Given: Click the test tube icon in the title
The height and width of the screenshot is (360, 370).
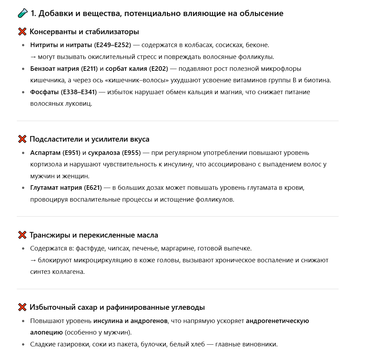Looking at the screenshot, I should tap(22, 14).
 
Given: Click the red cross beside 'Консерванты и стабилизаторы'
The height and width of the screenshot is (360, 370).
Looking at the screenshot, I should tap(22, 32).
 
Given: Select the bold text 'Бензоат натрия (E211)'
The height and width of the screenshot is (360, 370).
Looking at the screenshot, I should tap(64, 69).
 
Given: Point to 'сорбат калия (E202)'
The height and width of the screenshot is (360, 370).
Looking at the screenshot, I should tap(136, 69).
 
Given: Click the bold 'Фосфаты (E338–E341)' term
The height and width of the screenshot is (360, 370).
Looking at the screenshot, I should tap(63, 92).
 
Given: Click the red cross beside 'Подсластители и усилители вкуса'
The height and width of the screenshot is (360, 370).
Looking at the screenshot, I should tap(22, 139).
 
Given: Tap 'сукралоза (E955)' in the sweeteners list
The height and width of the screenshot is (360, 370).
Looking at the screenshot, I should tap(114, 153).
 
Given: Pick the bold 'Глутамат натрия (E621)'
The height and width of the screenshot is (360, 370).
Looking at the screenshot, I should tap(66, 188).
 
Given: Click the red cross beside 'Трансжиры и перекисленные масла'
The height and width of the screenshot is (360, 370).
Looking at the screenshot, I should tap(22, 235).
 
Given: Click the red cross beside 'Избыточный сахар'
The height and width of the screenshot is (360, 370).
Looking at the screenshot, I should tap(22, 307).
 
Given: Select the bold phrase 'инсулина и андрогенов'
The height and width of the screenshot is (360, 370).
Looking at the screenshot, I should tap(131, 321).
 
